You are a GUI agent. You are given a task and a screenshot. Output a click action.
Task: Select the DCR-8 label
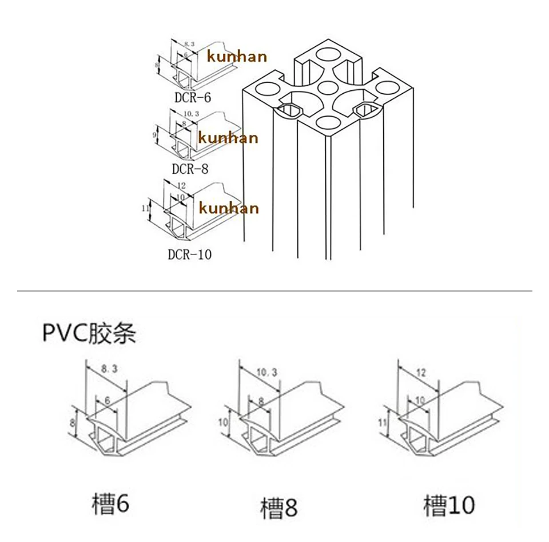click(x=190, y=169)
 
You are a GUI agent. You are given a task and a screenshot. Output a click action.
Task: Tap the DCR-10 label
click(x=189, y=254)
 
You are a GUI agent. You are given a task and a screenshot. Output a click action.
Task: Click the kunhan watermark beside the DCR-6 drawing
click(x=237, y=56)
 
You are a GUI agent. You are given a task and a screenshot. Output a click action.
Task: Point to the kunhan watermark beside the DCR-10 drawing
click(x=229, y=208)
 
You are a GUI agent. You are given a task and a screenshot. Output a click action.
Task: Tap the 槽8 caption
click(x=279, y=507)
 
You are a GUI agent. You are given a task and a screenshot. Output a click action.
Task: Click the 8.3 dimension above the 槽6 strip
click(x=109, y=370)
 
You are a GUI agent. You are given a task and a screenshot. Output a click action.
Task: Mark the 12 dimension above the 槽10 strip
click(x=421, y=372)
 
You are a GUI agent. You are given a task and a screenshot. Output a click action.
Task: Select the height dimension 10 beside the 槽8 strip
click(x=224, y=422)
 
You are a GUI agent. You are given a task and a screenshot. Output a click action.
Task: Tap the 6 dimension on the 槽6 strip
click(x=108, y=401)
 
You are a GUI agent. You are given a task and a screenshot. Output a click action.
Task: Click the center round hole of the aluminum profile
click(x=327, y=87)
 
